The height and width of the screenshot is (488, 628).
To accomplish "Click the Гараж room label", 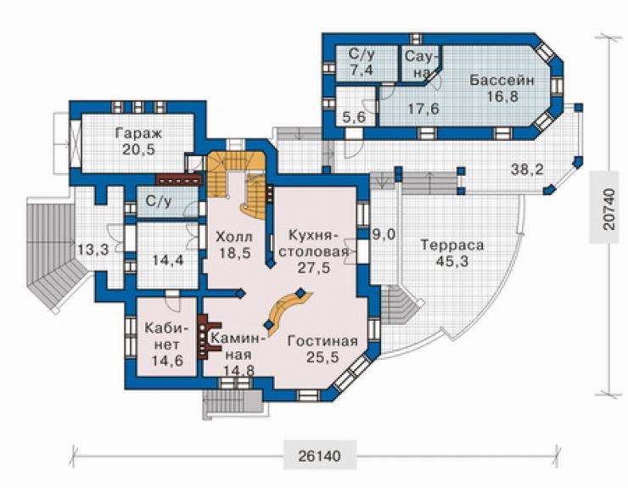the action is click(138, 133).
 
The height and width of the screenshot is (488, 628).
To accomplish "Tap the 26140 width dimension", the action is click(320, 455).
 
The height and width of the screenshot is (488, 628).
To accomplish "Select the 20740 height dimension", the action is click(608, 208).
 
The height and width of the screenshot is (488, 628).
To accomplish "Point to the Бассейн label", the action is click(502, 80).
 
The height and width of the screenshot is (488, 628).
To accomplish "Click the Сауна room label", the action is click(419, 65).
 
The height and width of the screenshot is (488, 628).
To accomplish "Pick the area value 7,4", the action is click(361, 70).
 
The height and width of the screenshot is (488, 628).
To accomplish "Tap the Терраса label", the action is click(452, 244).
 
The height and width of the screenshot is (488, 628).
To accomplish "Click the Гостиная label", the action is click(322, 341).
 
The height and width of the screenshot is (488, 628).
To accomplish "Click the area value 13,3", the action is click(93, 250).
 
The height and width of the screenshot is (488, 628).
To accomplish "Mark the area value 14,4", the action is click(168, 260).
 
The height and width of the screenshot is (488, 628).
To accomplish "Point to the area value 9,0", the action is click(384, 234).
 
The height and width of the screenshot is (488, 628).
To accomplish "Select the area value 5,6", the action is click(355, 117).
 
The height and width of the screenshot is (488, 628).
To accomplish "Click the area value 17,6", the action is click(423, 108).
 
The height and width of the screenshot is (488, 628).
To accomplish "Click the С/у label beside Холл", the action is click(159, 201).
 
